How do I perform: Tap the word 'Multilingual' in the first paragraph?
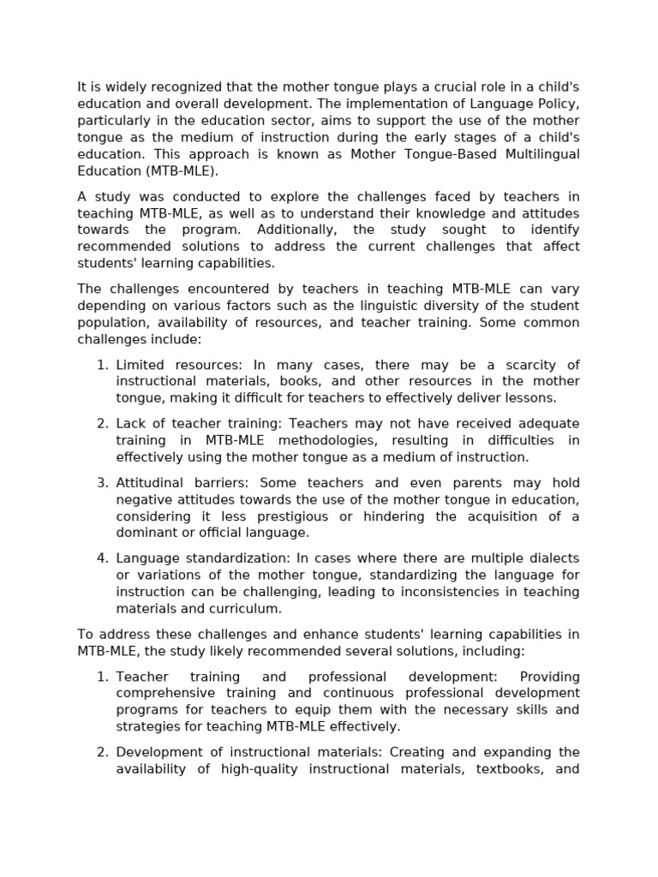(x=533, y=154)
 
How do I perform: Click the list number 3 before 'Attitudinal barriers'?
(x=102, y=483)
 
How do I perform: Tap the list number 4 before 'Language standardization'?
(x=102, y=558)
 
